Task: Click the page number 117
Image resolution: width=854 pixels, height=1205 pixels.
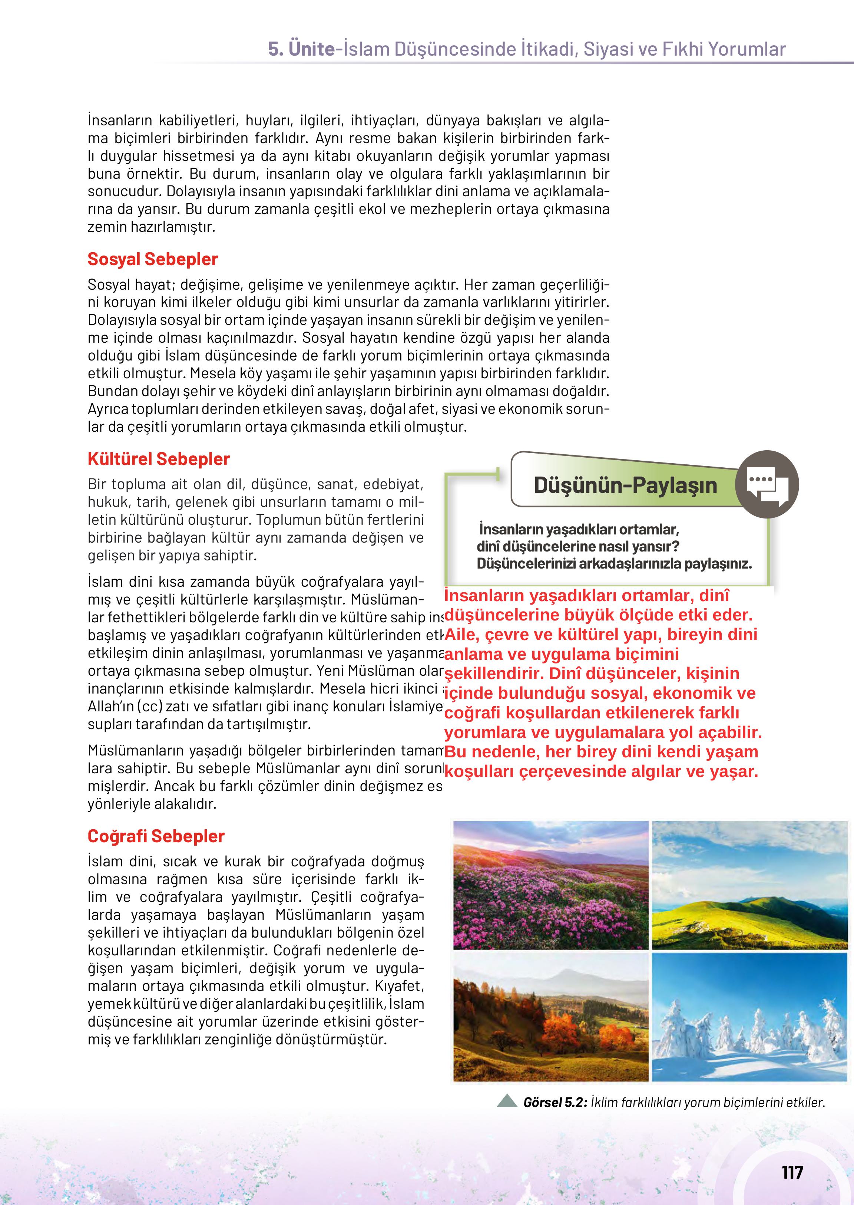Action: [792, 1172]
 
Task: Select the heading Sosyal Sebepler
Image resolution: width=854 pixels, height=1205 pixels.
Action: [152, 259]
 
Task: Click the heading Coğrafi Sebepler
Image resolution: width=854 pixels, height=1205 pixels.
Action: [156, 836]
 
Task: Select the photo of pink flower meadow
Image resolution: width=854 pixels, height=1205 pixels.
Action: [550, 885]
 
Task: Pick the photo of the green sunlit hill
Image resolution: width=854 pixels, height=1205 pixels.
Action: [749, 885]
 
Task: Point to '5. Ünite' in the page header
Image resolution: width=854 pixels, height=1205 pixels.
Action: [301, 49]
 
